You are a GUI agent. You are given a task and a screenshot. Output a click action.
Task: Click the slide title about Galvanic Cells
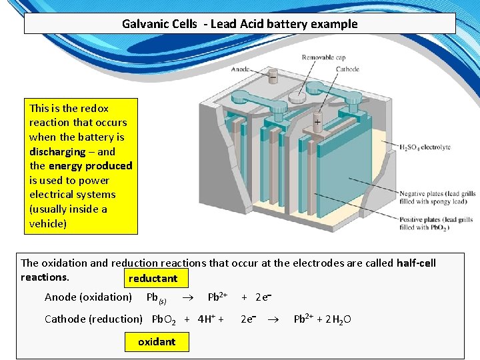point(239,24)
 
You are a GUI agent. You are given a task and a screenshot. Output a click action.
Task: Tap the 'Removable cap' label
point(323,58)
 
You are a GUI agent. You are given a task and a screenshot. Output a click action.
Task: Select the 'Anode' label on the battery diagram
point(240,69)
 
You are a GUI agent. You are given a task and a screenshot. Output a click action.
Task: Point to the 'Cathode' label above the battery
point(347,69)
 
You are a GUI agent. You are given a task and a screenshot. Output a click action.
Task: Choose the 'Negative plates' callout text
point(437,197)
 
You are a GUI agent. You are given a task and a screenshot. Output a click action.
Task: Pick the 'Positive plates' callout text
point(437,223)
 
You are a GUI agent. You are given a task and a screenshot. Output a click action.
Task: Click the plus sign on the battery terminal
point(317,123)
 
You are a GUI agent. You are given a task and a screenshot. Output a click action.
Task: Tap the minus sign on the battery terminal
point(272,78)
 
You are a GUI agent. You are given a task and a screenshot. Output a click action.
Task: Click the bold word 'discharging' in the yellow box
point(57,151)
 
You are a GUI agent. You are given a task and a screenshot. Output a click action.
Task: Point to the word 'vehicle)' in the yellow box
point(48,223)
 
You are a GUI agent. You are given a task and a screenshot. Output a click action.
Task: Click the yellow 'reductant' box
point(153,278)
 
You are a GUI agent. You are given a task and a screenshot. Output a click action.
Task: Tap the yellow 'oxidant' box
point(157,341)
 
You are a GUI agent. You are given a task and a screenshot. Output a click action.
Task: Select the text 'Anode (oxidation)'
point(88,297)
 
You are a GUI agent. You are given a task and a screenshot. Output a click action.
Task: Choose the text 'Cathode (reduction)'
point(93,319)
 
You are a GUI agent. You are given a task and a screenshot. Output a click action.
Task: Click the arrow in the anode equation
point(189,297)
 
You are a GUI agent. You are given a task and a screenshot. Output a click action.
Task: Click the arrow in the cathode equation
point(273,319)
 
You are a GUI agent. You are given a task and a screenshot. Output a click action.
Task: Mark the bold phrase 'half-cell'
point(416,263)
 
